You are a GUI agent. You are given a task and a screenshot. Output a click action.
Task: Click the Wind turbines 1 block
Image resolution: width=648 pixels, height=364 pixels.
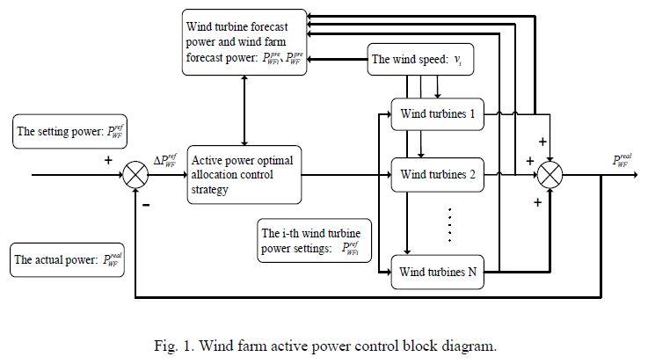tap(437, 113)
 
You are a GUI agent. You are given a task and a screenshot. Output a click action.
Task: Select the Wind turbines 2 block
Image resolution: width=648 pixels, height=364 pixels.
tap(437, 174)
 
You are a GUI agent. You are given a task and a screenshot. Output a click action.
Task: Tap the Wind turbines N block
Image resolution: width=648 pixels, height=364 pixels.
tap(437, 273)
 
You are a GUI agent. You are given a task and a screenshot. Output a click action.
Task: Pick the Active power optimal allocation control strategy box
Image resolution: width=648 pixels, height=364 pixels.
tap(244, 174)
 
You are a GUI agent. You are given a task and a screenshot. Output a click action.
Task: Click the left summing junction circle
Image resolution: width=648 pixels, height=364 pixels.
tap(135, 175)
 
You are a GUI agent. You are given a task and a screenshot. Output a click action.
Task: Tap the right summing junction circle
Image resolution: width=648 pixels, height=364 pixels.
tap(550, 174)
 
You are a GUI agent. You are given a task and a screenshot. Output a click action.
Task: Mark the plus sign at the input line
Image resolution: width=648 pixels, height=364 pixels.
tap(108, 162)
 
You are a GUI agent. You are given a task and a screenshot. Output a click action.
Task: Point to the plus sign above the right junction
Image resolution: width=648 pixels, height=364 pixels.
tap(542, 141)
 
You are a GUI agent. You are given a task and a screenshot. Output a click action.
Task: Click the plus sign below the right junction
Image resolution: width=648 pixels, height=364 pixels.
tap(536, 202)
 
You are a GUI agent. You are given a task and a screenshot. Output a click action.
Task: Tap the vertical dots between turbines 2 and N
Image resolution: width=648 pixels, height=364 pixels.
tap(450, 224)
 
